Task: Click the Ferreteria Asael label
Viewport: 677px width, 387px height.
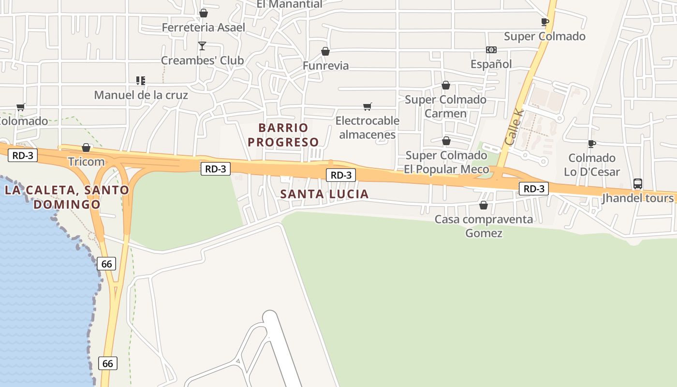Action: click(204, 28)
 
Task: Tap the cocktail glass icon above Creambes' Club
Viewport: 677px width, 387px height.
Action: click(202, 46)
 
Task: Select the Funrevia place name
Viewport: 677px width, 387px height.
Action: click(325, 65)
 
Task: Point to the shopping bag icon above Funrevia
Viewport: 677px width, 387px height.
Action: click(325, 51)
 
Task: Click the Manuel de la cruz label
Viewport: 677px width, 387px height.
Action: click(141, 95)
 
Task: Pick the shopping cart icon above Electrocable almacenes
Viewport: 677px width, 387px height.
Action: click(368, 106)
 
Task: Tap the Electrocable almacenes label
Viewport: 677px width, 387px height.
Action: click(368, 127)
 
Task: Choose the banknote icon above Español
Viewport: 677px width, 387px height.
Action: click(491, 50)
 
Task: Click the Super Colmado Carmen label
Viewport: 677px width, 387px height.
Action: click(445, 106)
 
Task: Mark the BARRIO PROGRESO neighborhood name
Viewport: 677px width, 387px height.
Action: click(283, 135)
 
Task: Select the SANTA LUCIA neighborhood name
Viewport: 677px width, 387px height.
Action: click(324, 194)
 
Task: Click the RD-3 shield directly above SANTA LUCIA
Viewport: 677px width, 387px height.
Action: click(340, 175)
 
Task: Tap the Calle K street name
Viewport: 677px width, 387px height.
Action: click(514, 126)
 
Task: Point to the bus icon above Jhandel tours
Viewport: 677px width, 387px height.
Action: click(638, 184)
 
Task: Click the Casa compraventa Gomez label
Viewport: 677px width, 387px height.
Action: click(484, 226)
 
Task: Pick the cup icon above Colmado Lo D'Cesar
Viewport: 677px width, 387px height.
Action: click(592, 144)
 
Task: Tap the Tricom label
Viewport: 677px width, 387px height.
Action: click(87, 162)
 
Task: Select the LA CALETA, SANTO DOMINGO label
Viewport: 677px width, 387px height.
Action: click(67, 197)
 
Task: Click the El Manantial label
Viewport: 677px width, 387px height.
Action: click(289, 4)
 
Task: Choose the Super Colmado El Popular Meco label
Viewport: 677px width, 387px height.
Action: click(446, 162)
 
